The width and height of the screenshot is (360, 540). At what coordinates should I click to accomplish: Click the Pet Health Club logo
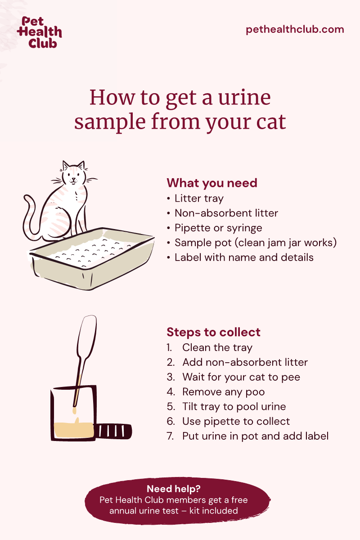pyautogui.click(x=39, y=32)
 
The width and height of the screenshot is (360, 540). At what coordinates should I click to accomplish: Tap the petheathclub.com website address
pyautogui.click(x=295, y=30)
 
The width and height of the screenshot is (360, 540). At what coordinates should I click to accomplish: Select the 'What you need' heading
pyautogui.click(x=212, y=183)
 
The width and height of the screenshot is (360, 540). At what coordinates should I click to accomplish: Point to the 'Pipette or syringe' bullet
pyautogui.click(x=218, y=228)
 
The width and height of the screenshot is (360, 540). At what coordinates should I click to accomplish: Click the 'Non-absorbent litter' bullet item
pyautogui.click(x=226, y=213)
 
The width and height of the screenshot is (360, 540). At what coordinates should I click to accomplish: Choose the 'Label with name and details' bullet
pyautogui.click(x=244, y=257)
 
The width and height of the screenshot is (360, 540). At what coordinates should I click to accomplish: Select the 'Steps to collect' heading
pyautogui.click(x=213, y=332)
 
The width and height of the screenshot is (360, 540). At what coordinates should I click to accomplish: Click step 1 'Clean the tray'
pyautogui.click(x=217, y=347)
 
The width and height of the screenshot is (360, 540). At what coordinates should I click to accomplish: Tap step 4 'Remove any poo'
pyautogui.click(x=223, y=392)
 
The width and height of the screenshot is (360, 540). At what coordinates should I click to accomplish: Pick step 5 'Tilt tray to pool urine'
pyautogui.click(x=234, y=406)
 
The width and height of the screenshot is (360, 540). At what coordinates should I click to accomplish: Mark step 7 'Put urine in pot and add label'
pyautogui.click(x=255, y=436)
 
